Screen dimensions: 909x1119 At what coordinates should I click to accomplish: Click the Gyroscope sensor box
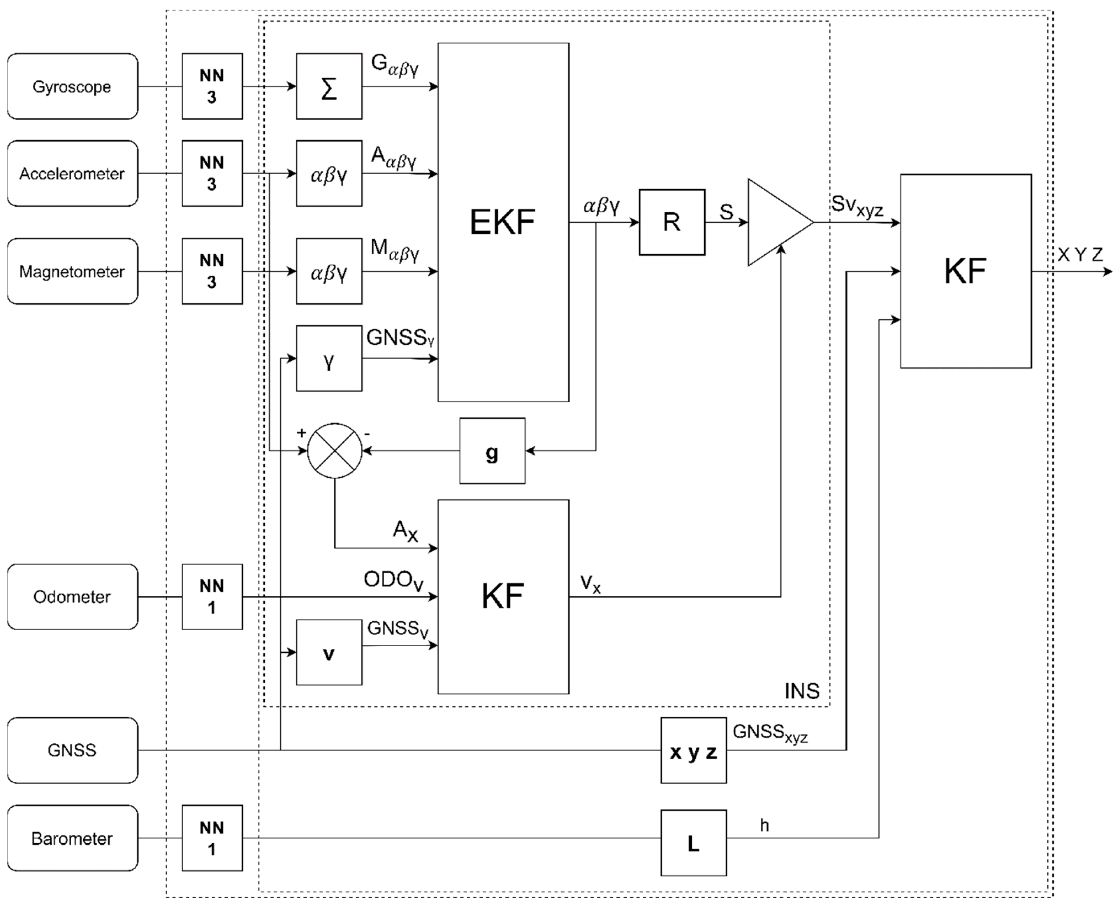(72, 86)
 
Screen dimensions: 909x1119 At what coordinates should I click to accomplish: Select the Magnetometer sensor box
(72, 271)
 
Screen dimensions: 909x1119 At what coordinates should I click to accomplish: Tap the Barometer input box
(72, 838)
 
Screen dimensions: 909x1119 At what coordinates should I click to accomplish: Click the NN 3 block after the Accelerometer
(212, 173)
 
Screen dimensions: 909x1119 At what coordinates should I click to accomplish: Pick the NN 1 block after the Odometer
(212, 596)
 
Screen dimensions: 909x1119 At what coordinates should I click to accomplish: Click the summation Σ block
(329, 86)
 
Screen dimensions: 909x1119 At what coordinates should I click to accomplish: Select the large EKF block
(503, 222)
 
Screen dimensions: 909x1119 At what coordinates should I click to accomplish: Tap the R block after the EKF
(672, 222)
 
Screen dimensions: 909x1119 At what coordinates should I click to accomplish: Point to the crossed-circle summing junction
(335, 450)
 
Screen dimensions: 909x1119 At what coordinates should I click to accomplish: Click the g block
(492, 450)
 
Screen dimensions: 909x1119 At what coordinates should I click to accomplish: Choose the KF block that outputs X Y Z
(966, 271)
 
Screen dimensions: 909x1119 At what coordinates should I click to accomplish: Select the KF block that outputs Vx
(503, 596)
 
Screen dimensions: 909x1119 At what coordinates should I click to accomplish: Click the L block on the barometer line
(693, 843)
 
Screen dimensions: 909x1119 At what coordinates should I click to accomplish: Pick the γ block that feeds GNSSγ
(329, 358)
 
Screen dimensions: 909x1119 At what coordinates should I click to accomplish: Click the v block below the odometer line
(329, 652)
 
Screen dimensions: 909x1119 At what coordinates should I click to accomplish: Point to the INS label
(802, 691)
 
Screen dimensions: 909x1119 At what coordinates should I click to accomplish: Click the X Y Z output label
(1080, 255)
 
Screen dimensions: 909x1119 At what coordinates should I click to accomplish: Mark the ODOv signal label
(393, 581)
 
